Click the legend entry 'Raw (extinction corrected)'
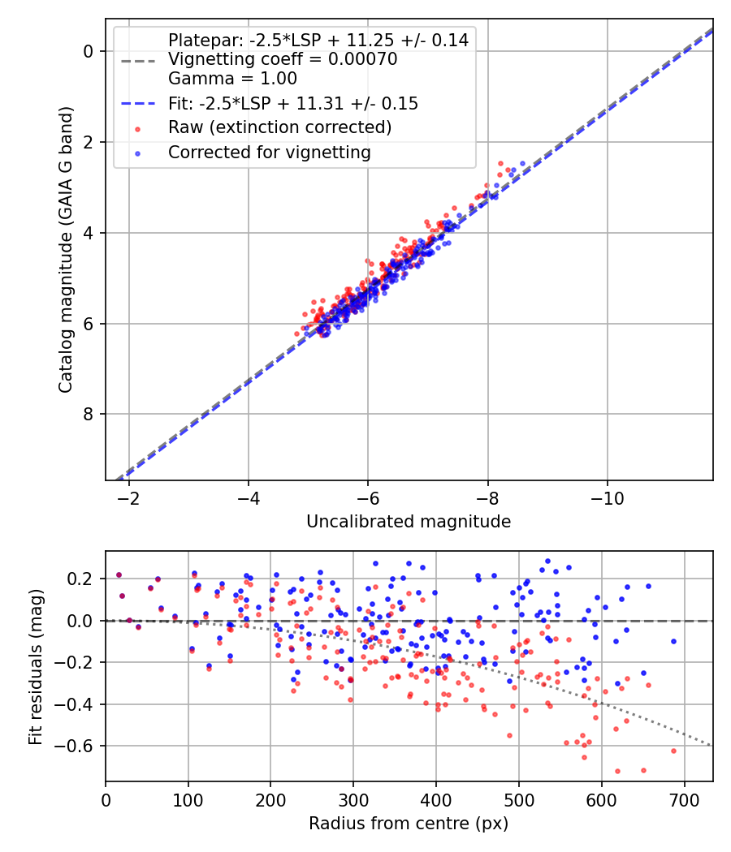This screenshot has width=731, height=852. pos(279,127)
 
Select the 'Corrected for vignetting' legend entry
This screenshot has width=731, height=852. pos(269,152)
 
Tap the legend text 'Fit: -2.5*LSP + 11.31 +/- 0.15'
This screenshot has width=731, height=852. pos(292,103)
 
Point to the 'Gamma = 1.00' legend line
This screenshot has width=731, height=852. pos(232,79)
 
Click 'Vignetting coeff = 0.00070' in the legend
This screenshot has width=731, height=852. pos(282,59)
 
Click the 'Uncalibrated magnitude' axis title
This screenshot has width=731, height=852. pos(409,522)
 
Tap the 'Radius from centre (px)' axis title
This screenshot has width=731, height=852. pos(409,824)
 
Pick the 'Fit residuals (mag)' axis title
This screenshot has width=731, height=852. pos(36,667)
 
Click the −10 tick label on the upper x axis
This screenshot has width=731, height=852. pos(607,497)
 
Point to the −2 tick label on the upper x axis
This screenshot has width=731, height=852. pos(128,497)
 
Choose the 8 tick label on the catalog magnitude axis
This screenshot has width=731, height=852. pos(90,415)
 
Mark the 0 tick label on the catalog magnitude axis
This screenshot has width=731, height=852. pos(90,51)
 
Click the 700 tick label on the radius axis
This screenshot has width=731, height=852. pos(684,799)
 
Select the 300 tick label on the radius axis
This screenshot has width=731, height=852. pos(353,799)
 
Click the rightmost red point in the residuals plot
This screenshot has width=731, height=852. pos(673,751)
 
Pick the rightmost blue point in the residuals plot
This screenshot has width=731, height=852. pos(673,641)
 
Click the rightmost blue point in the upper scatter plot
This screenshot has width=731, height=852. pos(522,163)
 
